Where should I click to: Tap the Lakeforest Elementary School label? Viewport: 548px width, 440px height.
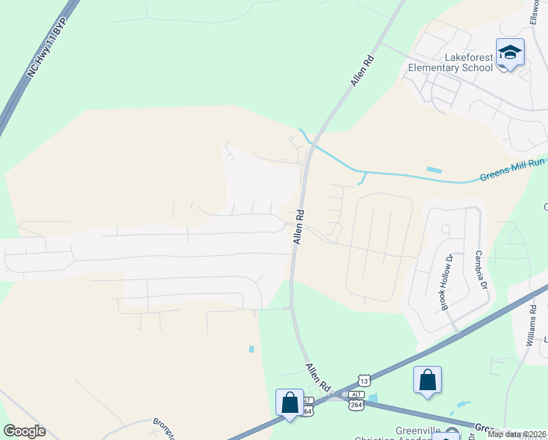pyautogui.click(x=451, y=62)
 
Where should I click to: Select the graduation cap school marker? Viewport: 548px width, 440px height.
pyautogui.click(x=510, y=53)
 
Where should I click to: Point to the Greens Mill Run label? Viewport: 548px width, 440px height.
pyautogui.click(x=512, y=175)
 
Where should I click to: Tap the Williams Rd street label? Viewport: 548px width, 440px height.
pyautogui.click(x=532, y=326)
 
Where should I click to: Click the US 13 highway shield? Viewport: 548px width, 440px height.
pyautogui.click(x=364, y=380)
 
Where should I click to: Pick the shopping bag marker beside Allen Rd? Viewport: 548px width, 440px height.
pyautogui.click(x=289, y=403)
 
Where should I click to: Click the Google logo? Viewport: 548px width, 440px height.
pyautogui.click(x=24, y=431)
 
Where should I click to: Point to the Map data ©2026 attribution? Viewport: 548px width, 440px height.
pyautogui.click(x=516, y=434)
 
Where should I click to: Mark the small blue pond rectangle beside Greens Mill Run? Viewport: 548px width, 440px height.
pyautogui.click(x=434, y=170)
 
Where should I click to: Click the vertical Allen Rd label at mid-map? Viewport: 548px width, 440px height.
pyautogui.click(x=299, y=227)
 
